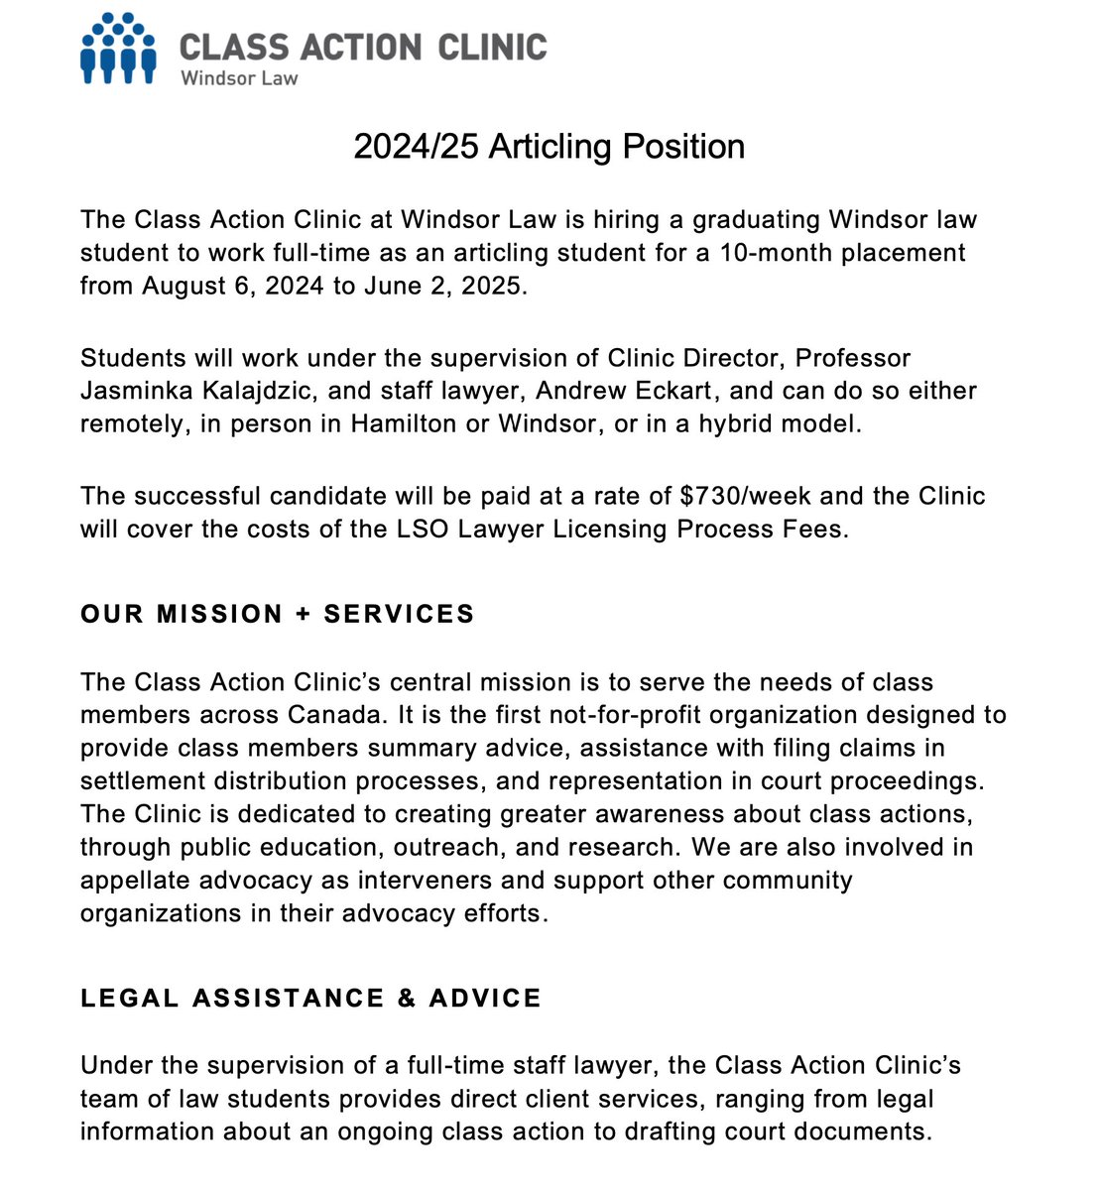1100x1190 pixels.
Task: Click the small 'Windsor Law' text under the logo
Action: click(238, 78)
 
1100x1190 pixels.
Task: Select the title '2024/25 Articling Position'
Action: click(550, 147)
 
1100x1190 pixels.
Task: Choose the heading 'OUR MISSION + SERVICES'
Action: click(278, 614)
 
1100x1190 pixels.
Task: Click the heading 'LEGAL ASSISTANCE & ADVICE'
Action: click(311, 998)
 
